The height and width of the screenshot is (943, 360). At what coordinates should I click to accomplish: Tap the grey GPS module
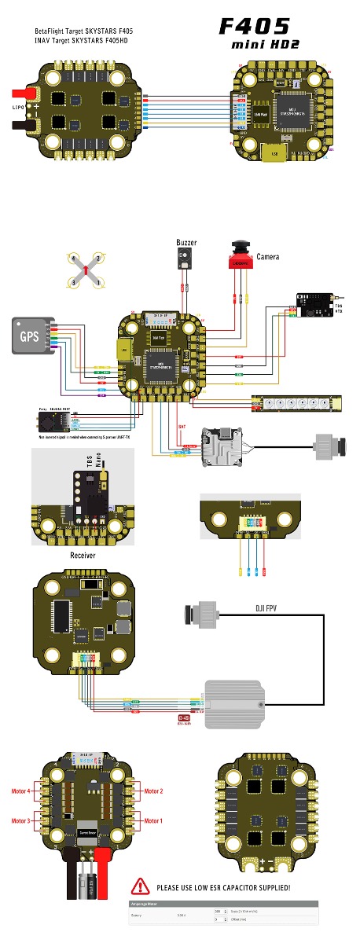click(28, 336)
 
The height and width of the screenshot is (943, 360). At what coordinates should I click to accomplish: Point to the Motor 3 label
click(21, 820)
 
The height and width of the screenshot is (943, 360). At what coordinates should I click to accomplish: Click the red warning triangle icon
click(141, 886)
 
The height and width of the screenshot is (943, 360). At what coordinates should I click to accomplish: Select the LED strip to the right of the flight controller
click(299, 403)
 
